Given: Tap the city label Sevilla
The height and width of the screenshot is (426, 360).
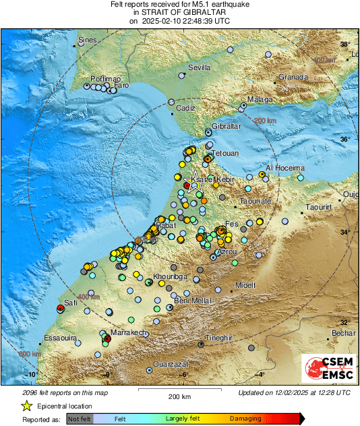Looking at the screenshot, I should pyautogui.click(x=199, y=67).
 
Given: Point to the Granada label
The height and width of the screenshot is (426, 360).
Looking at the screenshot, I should pyautogui.click(x=293, y=77).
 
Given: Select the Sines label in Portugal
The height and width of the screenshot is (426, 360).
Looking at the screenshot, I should pyautogui.click(x=88, y=40).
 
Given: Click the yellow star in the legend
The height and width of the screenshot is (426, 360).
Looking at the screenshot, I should pyautogui.click(x=27, y=406).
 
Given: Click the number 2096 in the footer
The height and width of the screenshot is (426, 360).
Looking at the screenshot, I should pyautogui.click(x=30, y=392).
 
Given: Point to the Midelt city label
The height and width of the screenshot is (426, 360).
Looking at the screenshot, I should pyautogui.click(x=245, y=285).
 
